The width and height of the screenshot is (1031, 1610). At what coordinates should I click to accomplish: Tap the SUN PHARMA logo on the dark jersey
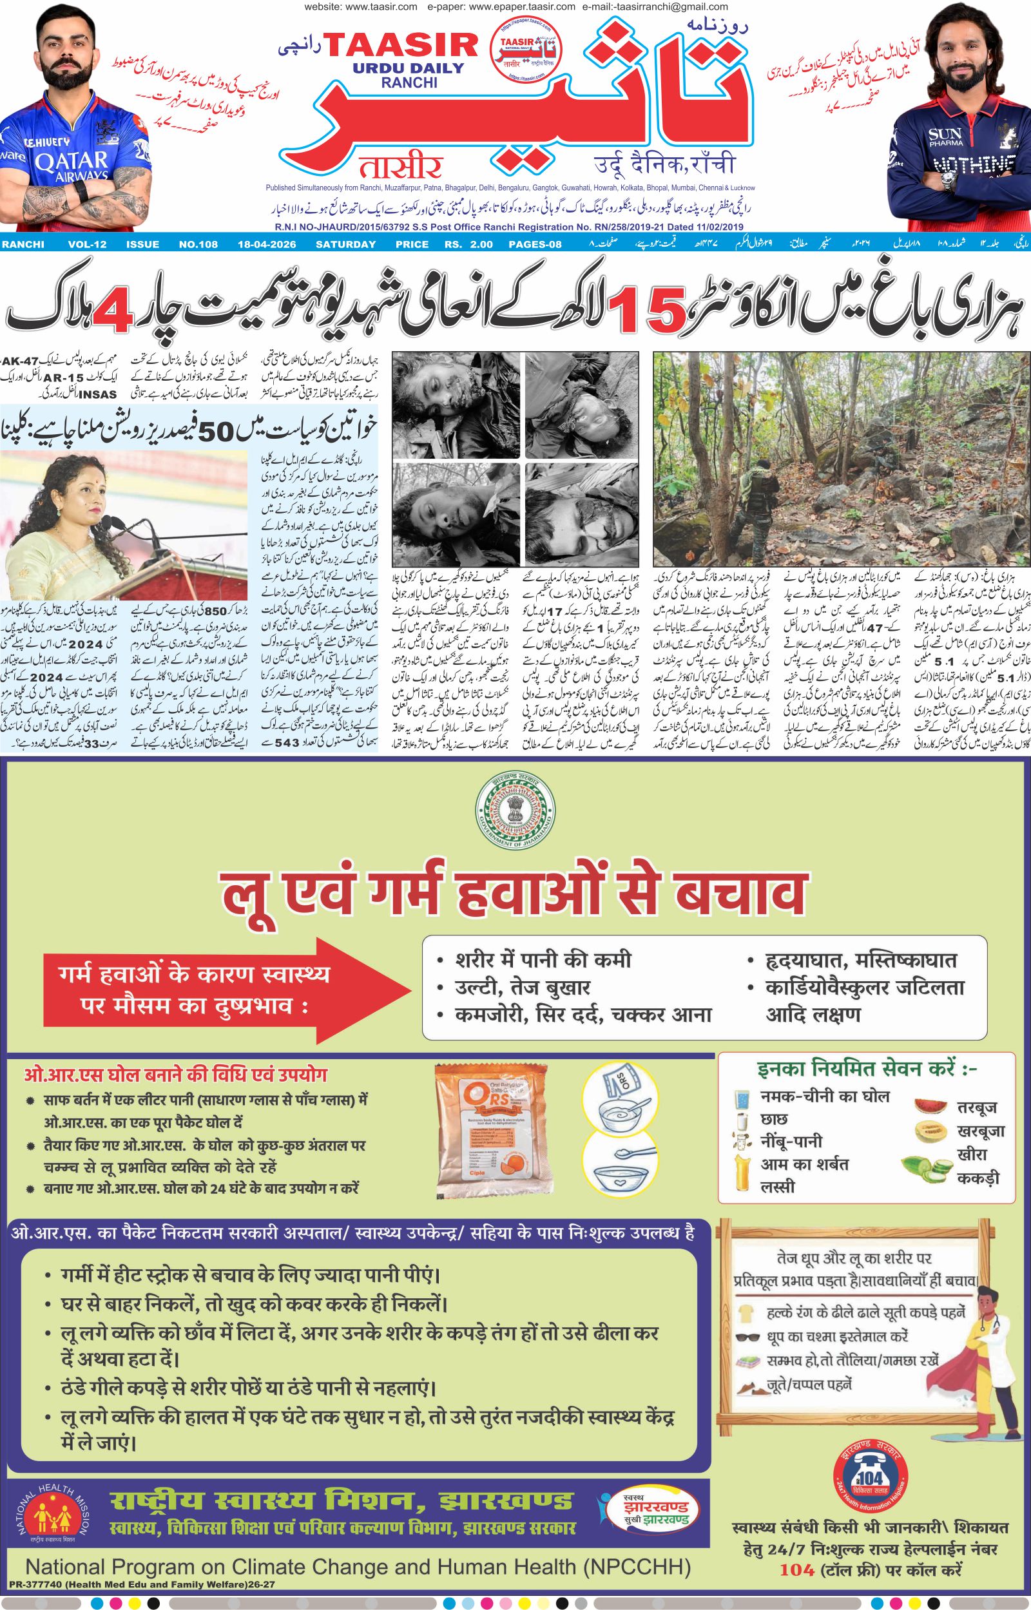click(x=946, y=137)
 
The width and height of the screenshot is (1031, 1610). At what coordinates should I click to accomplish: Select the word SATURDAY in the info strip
click(x=345, y=244)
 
